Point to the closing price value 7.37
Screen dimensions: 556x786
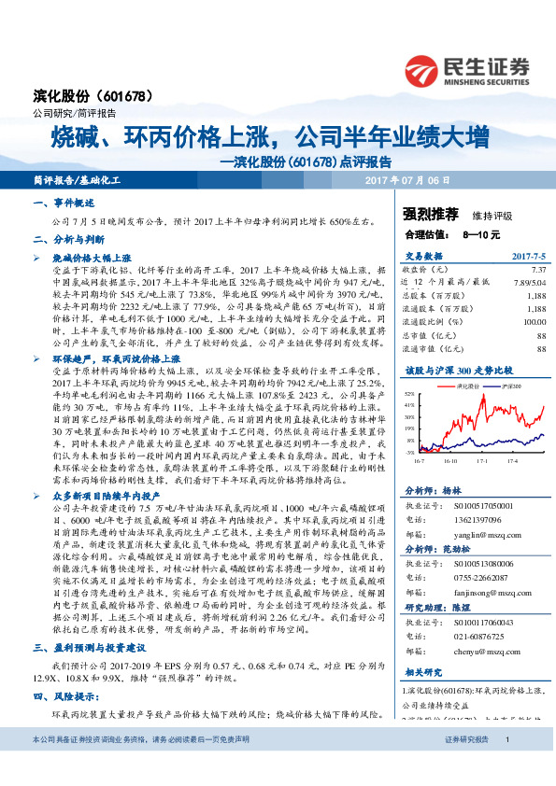coord(536,269)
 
